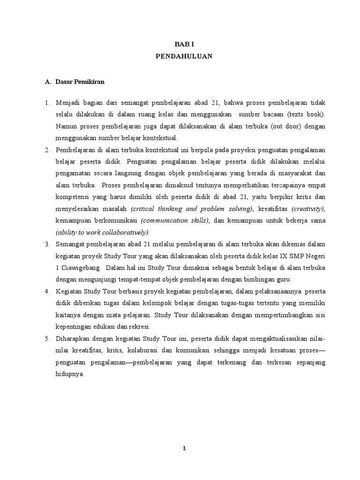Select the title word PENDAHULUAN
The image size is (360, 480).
tap(184, 56)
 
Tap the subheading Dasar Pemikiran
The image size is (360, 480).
tap(80, 82)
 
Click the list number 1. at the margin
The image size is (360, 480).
tap(47, 103)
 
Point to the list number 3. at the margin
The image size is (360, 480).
tap(47, 245)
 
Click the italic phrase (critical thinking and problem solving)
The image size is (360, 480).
tap(192, 209)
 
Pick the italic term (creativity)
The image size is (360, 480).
tap(308, 209)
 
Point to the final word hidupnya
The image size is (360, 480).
tap(69, 375)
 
